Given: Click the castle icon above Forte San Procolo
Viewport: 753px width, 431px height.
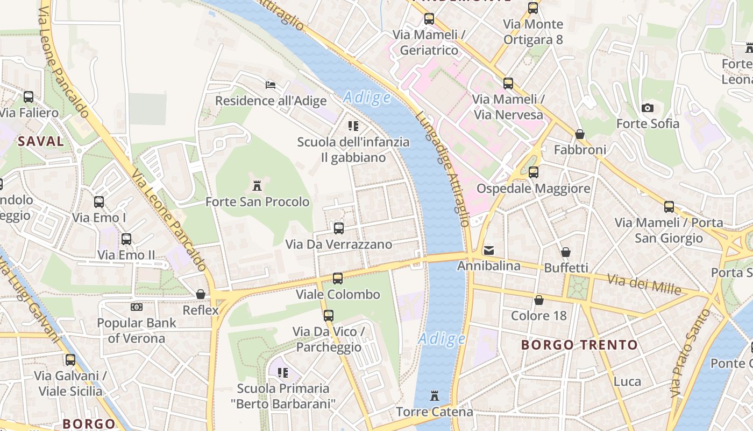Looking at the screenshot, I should coord(257,186).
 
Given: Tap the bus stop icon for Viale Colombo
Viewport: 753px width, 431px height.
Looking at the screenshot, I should coord(337,279).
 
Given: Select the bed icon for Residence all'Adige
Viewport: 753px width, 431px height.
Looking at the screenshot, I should coord(271,85).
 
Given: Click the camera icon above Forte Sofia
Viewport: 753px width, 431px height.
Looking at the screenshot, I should coord(648,108).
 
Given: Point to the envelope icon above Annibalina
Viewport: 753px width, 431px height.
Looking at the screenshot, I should coord(488,250).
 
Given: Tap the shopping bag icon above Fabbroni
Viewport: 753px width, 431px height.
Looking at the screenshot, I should coord(579,134).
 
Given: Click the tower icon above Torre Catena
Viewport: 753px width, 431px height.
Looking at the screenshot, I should coord(435,397).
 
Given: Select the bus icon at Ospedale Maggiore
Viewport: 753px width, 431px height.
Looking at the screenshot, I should coord(533,172).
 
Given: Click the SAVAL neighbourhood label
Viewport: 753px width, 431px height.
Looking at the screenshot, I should coord(41,142).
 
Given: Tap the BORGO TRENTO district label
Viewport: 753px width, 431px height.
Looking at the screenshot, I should coord(579,345).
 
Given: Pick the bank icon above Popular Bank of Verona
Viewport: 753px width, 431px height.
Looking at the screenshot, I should coord(137,307).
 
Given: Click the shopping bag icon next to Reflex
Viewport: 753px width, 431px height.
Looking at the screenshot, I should coord(201,294).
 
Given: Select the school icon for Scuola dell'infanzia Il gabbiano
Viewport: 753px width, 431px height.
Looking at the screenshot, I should coord(353,126).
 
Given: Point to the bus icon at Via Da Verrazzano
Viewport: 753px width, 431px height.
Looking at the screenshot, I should coord(338,228).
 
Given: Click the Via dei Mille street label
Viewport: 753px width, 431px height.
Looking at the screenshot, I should coord(644,284).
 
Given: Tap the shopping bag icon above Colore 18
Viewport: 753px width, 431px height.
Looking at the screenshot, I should coord(538,300).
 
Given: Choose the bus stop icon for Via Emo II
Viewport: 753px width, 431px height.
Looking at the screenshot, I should coord(126,239).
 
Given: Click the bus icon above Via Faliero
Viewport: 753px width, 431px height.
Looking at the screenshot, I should coord(28,97).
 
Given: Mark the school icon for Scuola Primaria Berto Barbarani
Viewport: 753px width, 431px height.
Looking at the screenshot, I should coord(283,372).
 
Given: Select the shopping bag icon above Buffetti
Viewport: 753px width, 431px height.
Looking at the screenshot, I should coord(565,252).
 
